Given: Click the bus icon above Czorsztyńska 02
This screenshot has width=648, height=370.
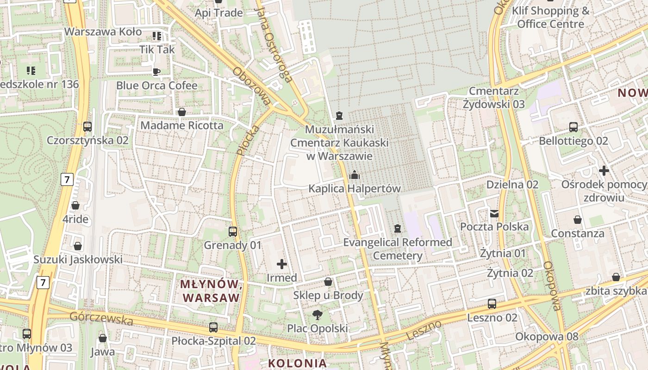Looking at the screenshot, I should click(87, 126).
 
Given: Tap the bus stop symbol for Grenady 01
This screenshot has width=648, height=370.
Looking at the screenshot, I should click(233, 231).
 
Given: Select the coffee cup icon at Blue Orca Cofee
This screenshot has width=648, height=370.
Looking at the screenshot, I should click(156, 72).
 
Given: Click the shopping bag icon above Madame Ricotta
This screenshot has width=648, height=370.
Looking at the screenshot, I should click(182, 112).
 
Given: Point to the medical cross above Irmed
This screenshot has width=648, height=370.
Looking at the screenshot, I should click(281, 264).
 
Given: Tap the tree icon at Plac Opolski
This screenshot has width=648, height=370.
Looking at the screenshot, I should click(318, 315).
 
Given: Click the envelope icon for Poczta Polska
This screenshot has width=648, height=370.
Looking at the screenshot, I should click(494, 213).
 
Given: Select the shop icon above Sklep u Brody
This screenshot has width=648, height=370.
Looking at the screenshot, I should click(328, 281).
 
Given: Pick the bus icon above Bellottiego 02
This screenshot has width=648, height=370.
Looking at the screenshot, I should click(573, 127).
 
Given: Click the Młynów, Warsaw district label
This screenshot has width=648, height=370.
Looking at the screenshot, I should click(212, 290).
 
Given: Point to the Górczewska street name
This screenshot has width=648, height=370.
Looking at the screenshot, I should click(101, 318).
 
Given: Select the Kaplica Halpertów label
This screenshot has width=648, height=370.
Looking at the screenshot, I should click(355, 189).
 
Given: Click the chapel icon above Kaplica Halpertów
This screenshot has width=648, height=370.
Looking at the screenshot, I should click(355, 175).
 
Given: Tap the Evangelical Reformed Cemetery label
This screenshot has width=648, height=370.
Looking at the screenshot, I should click(398, 249).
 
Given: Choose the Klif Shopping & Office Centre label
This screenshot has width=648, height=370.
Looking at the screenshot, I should click(551, 17).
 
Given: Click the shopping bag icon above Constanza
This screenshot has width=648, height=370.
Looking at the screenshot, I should click(577, 219).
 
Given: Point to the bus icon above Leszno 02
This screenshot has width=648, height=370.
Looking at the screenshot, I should click(492, 304).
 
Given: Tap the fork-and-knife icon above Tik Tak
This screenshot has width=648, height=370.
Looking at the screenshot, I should click(157, 36).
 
